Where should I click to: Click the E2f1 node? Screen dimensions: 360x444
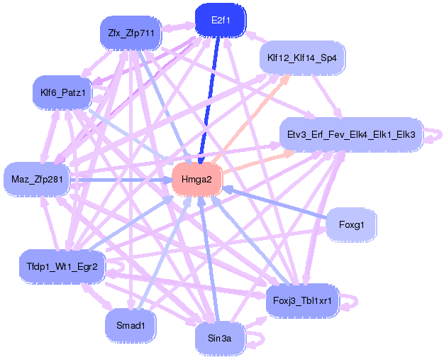(x=221, y=20)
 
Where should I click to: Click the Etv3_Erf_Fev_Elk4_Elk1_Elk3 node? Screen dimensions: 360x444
(x=351, y=133)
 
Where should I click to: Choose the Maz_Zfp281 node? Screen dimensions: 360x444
(x=37, y=178)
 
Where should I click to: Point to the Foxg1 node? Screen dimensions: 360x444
(x=350, y=226)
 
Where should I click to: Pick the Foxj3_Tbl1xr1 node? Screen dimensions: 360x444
(x=302, y=301)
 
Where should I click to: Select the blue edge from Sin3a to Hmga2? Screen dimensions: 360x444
(x=209, y=263)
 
